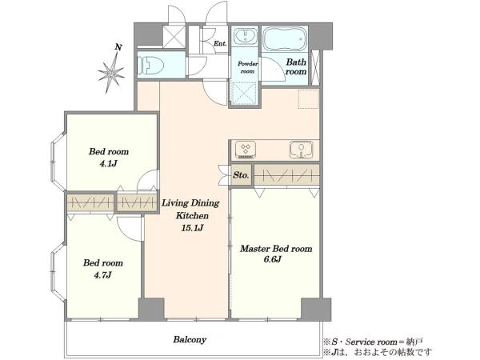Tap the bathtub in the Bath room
tap(285, 38)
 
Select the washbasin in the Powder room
tap(246, 36)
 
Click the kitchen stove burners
tap(246, 150)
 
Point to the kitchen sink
tap(302, 150)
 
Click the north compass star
tap(111, 73)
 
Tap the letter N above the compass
tap(118, 47)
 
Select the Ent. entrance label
tap(220, 43)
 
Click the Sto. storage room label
tap(241, 175)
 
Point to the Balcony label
tap(190, 339)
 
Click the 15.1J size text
tap(192, 228)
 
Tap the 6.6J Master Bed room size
tap(273, 259)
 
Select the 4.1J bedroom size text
tap(108, 163)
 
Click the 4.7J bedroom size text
tap(102, 275)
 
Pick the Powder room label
tap(248, 67)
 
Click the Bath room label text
tap(296, 66)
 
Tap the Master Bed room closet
tap(287, 175)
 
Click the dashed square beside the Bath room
tap(309, 99)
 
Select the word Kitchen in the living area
tap(192, 215)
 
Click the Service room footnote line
tap(373, 342)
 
